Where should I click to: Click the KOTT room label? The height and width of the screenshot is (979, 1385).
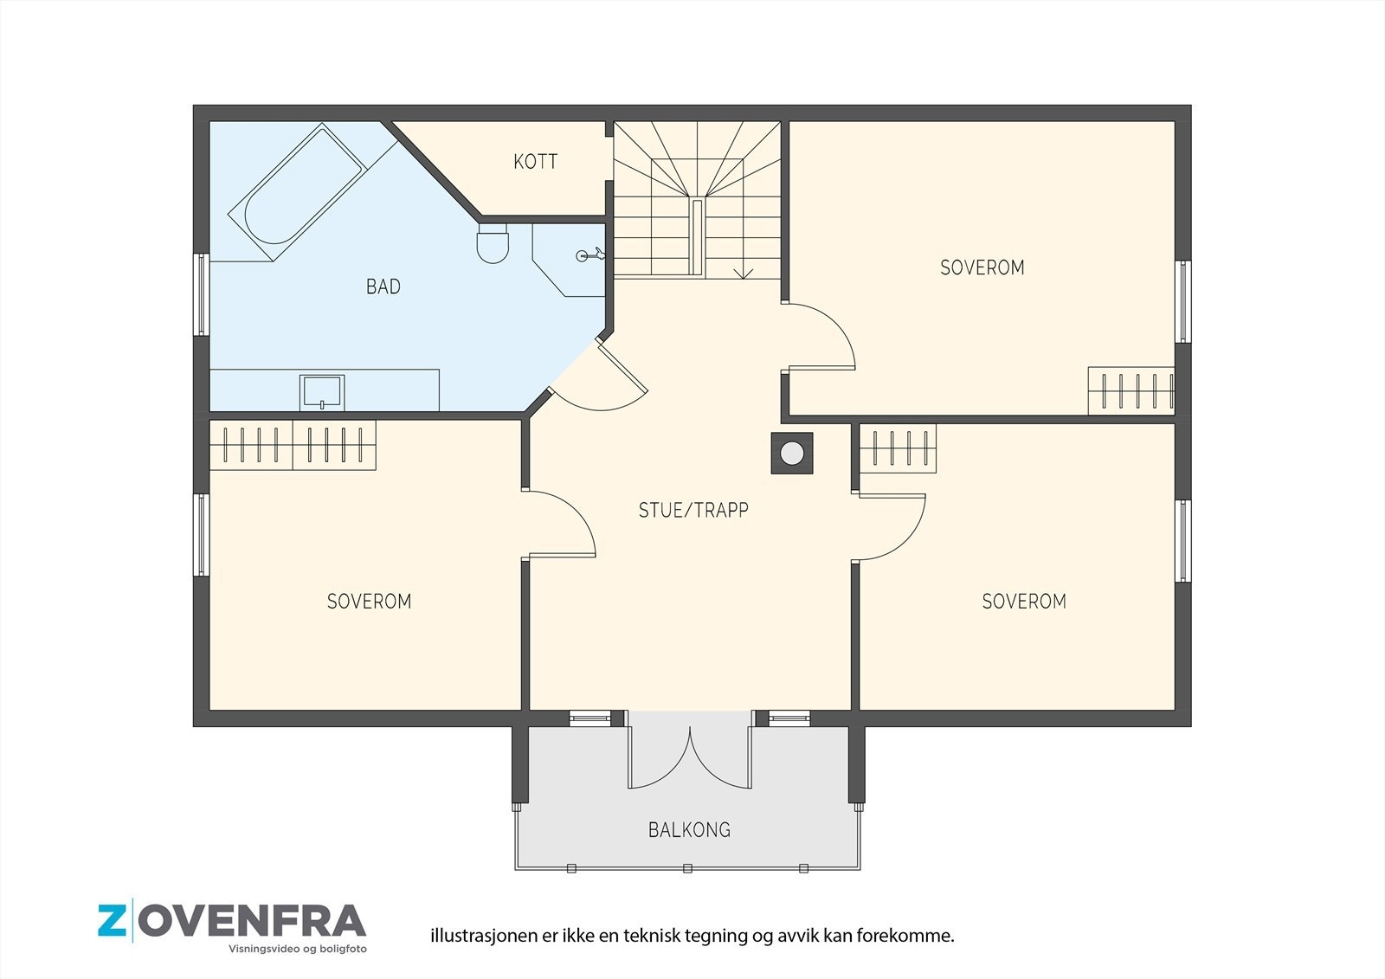pos(536,161)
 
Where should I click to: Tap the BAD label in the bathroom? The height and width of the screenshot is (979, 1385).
pos(383,287)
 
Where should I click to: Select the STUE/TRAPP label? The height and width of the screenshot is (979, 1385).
pos(693,510)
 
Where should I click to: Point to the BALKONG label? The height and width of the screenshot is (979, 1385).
pos(689,829)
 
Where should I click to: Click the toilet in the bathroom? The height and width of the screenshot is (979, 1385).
pos(493,243)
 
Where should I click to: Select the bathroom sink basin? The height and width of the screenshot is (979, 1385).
pos(321,392)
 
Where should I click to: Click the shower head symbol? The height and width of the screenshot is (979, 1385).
pos(590,254)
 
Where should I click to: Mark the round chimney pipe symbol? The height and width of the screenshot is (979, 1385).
pos(792,454)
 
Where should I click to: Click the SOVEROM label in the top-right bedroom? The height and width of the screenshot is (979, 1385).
pos(982,267)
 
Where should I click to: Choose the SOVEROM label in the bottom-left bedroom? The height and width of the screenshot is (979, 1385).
pos(369,601)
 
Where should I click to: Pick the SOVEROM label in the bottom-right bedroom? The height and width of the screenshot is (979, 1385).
pos(1024,601)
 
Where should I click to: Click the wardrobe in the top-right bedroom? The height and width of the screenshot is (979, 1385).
pos(1131,391)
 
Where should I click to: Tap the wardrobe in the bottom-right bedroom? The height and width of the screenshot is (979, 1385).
pos(898,448)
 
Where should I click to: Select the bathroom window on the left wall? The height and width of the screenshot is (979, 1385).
pos(201,294)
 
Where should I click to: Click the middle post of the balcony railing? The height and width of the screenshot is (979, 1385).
pos(687,868)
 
